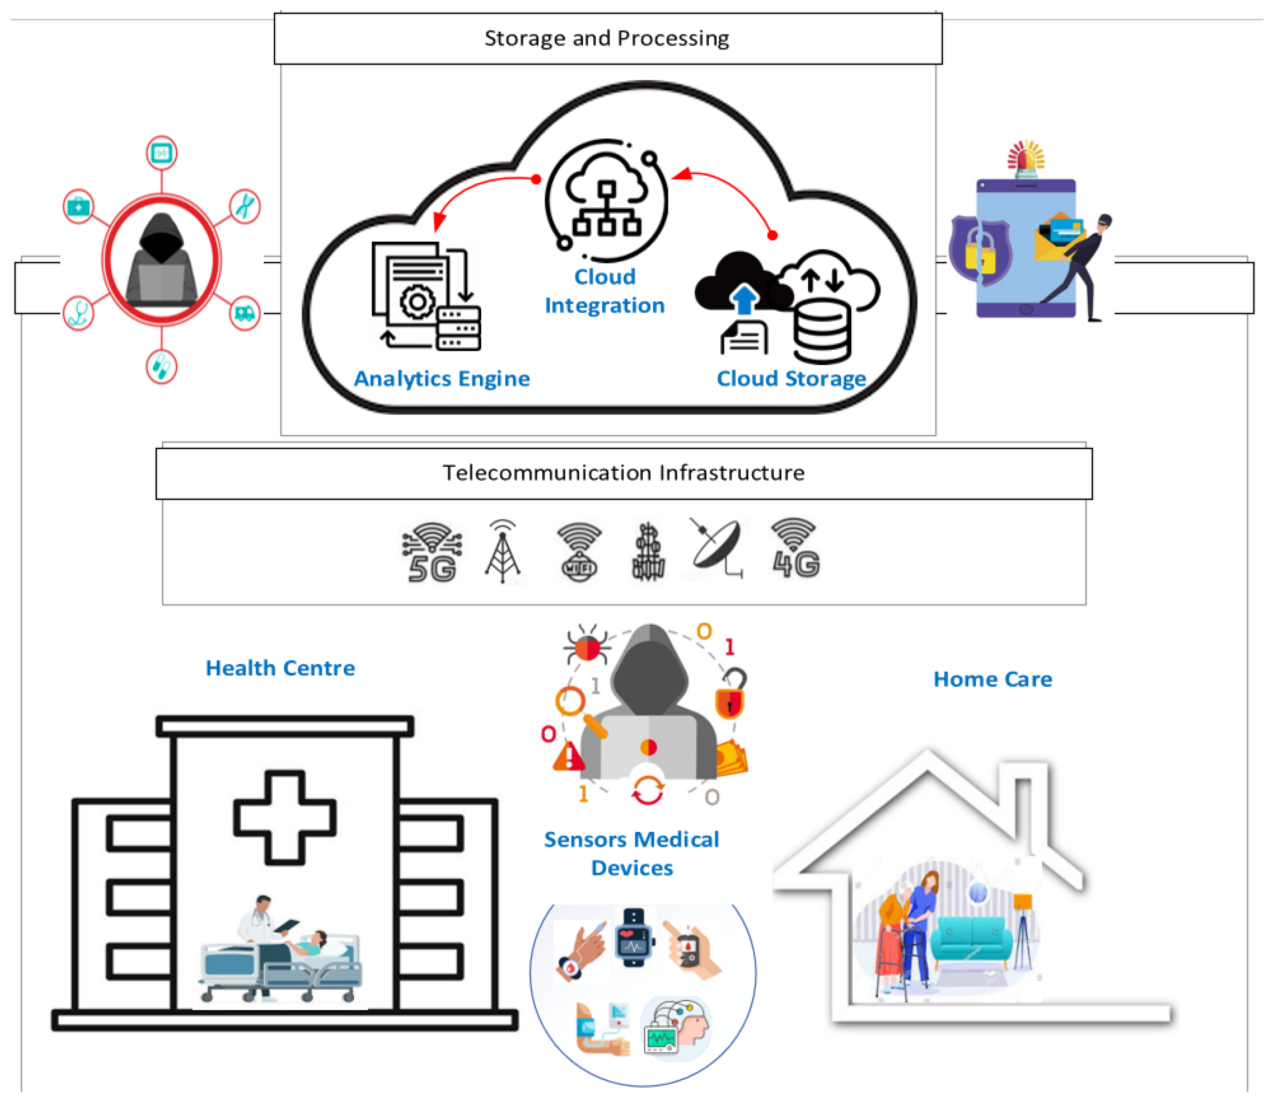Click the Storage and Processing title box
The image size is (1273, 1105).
point(607,38)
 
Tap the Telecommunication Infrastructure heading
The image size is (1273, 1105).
point(623,473)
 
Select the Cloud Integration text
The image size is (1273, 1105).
point(605,292)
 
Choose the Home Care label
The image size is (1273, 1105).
point(993,680)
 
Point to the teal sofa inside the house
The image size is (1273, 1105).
point(971,941)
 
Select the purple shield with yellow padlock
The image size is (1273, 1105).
point(980,250)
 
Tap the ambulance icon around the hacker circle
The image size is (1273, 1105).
point(245,314)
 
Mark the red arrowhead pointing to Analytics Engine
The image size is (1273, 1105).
point(439,221)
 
